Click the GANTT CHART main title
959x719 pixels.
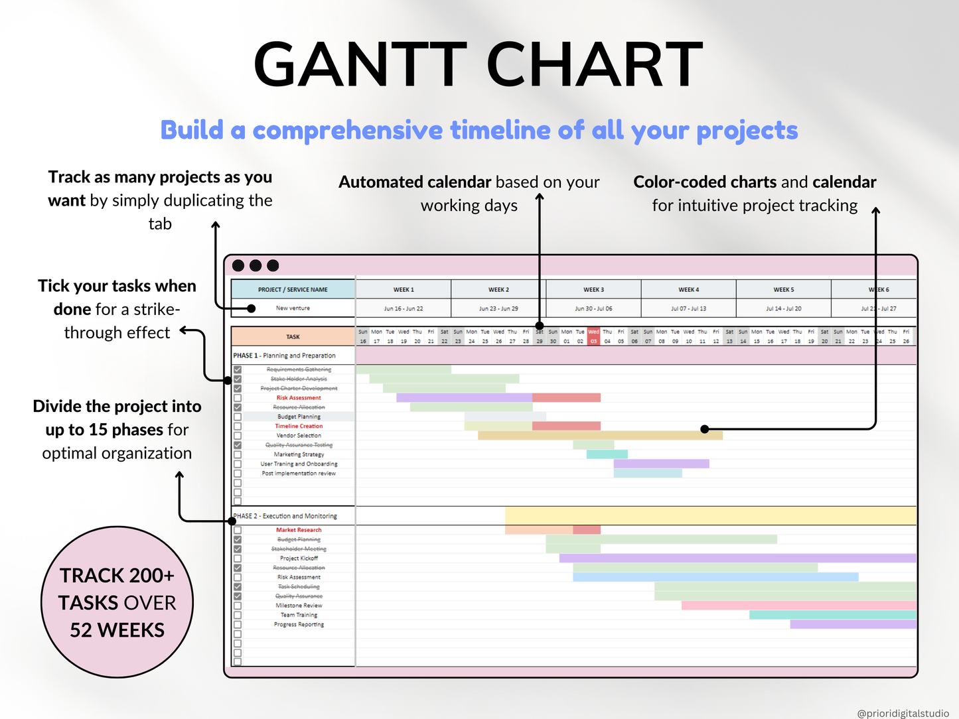click(478, 65)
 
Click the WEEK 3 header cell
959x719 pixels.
click(593, 290)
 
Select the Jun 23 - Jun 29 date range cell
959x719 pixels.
click(498, 308)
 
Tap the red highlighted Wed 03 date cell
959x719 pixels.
click(593, 336)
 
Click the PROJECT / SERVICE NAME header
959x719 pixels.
click(293, 290)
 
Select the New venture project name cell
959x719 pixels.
click(293, 308)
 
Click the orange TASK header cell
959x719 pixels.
click(293, 337)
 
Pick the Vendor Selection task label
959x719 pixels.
click(299, 436)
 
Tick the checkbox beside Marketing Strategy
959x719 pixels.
click(238, 455)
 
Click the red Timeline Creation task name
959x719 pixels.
click(299, 426)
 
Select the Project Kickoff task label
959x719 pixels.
click(299, 558)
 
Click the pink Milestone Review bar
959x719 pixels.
click(798, 606)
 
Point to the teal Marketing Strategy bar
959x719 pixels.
click(607, 454)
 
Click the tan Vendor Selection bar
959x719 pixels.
click(599, 436)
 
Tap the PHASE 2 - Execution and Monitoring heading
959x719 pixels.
click(285, 516)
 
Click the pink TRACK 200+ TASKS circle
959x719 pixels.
click(117, 602)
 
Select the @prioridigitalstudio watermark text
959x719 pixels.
click(903, 714)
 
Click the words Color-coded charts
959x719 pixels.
click(704, 182)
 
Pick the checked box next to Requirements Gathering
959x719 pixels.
click(238, 369)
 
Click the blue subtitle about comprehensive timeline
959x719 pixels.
click(479, 131)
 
